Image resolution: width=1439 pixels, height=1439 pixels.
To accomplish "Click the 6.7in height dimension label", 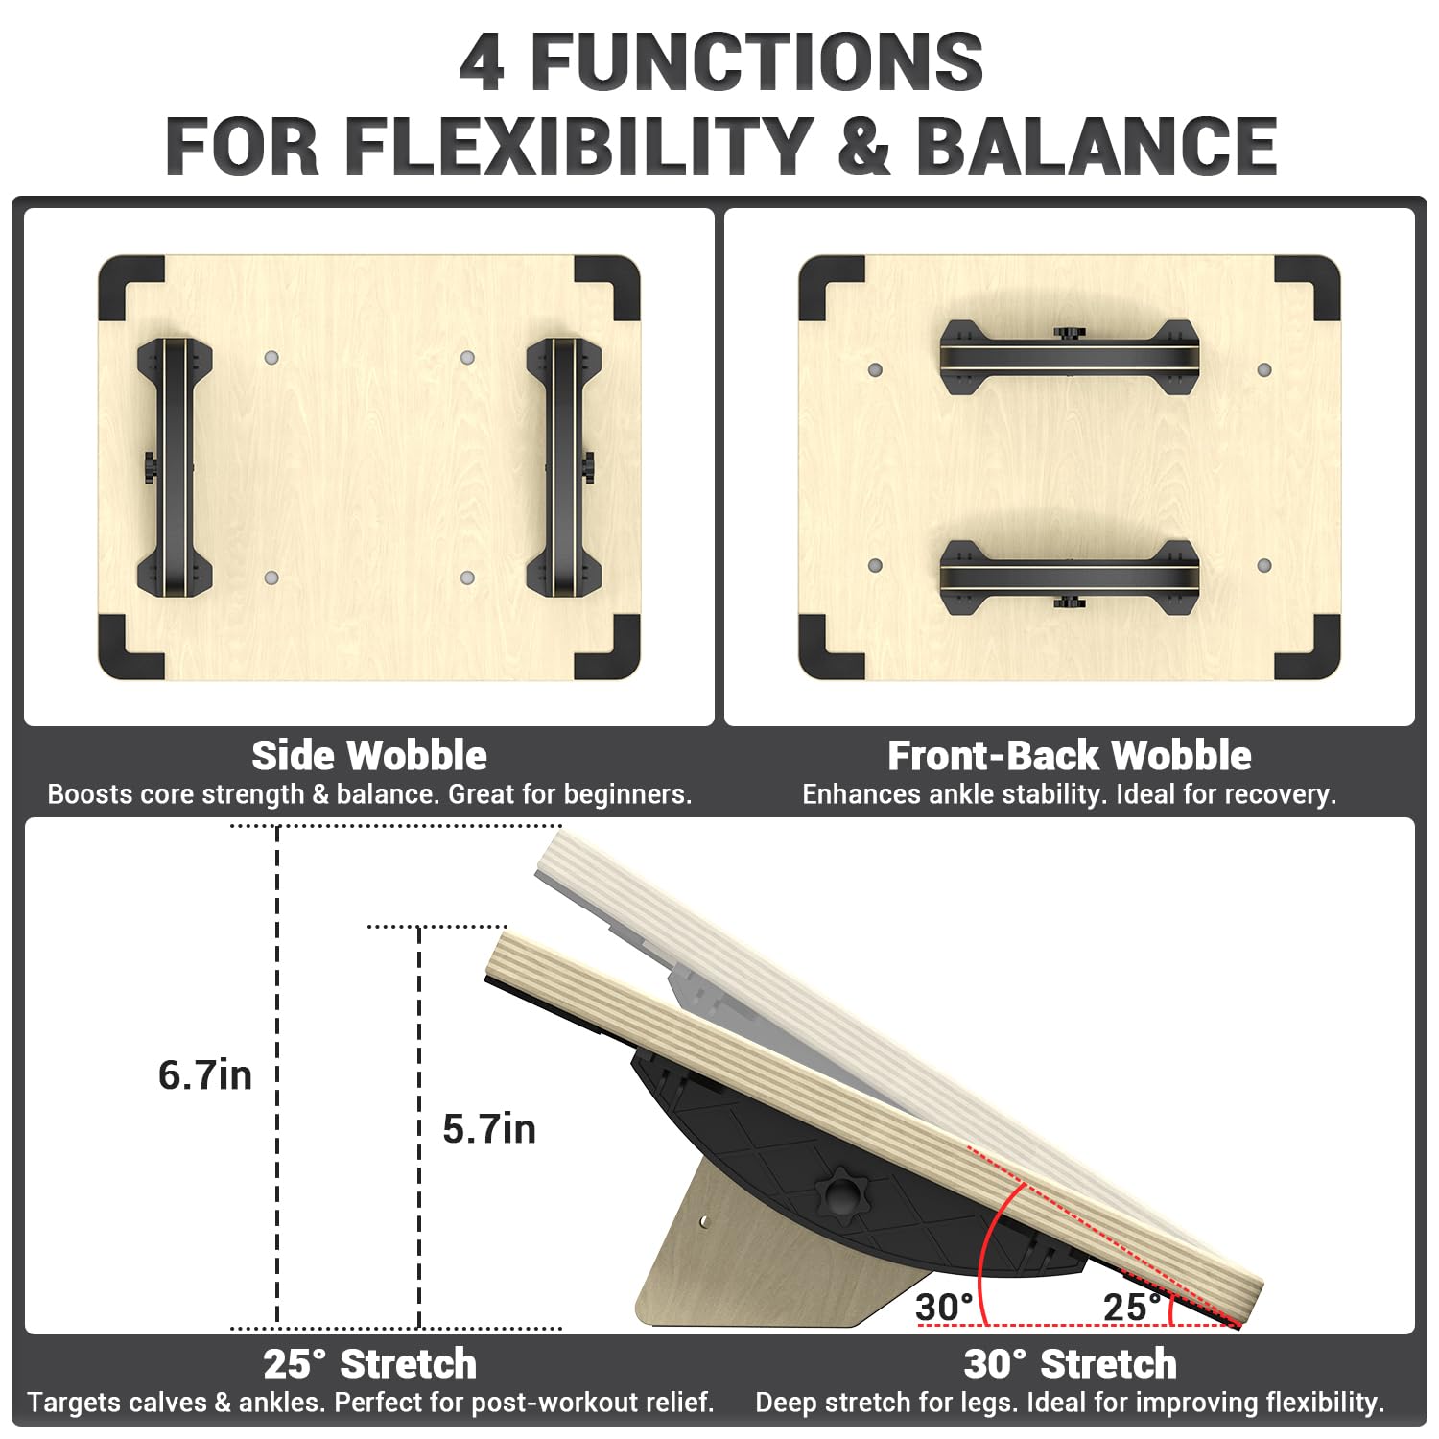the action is pyautogui.click(x=205, y=1074).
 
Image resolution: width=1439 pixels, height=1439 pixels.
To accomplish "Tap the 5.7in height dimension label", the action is pyautogui.click(x=489, y=1128).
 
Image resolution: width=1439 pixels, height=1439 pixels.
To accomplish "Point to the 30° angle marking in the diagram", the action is pyautogui.click(x=945, y=1307).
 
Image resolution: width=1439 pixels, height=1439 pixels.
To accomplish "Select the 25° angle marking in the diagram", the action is pyautogui.click(x=1132, y=1307).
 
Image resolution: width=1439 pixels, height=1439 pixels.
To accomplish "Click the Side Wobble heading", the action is pyautogui.click(x=369, y=756).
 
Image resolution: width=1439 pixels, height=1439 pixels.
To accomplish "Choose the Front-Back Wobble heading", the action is pyautogui.click(x=1070, y=756).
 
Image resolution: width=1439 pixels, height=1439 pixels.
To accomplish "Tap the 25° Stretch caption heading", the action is pyautogui.click(x=370, y=1363).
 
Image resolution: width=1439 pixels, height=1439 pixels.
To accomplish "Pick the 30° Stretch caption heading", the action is pyautogui.click(x=1071, y=1363).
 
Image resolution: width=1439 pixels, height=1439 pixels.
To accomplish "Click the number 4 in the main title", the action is pyautogui.click(x=483, y=62).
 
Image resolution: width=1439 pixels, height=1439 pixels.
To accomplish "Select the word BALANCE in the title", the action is pyautogui.click(x=1097, y=146).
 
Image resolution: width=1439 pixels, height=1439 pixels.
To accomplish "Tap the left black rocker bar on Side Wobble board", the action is pyautogui.click(x=175, y=466).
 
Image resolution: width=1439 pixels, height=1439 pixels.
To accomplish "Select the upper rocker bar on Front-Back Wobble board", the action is pyautogui.click(x=1070, y=357).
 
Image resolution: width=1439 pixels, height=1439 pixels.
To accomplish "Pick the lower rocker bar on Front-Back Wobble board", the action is pyautogui.click(x=1070, y=578).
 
